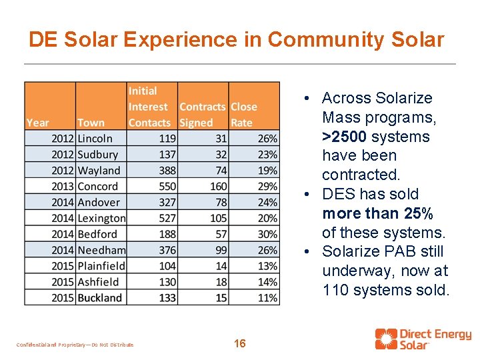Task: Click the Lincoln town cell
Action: pyautogui.click(x=95, y=139)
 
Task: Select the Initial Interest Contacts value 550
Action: pyautogui.click(x=167, y=187)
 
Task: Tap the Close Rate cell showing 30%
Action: pyautogui.click(x=267, y=234)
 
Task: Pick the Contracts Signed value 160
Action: pyautogui.click(x=218, y=187)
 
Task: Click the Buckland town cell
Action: pyautogui.click(x=100, y=298)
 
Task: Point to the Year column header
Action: pyautogui.click(x=37, y=123)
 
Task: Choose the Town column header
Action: pyautogui.click(x=91, y=123)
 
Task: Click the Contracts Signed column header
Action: pyautogui.click(x=203, y=115)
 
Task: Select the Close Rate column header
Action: pyautogui.click(x=243, y=115)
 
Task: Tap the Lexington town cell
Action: pyautogui.click(x=101, y=218)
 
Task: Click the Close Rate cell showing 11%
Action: pyautogui.click(x=267, y=298)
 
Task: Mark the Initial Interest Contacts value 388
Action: pyautogui.click(x=167, y=171)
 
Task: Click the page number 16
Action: pyautogui.click(x=240, y=344)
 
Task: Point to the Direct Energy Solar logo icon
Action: pyautogui.click(x=386, y=339)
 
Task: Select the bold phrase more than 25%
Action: pyautogui.click(x=377, y=213)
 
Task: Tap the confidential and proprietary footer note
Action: pyautogui.click(x=75, y=345)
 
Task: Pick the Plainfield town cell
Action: pyautogui.click(x=101, y=266)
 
